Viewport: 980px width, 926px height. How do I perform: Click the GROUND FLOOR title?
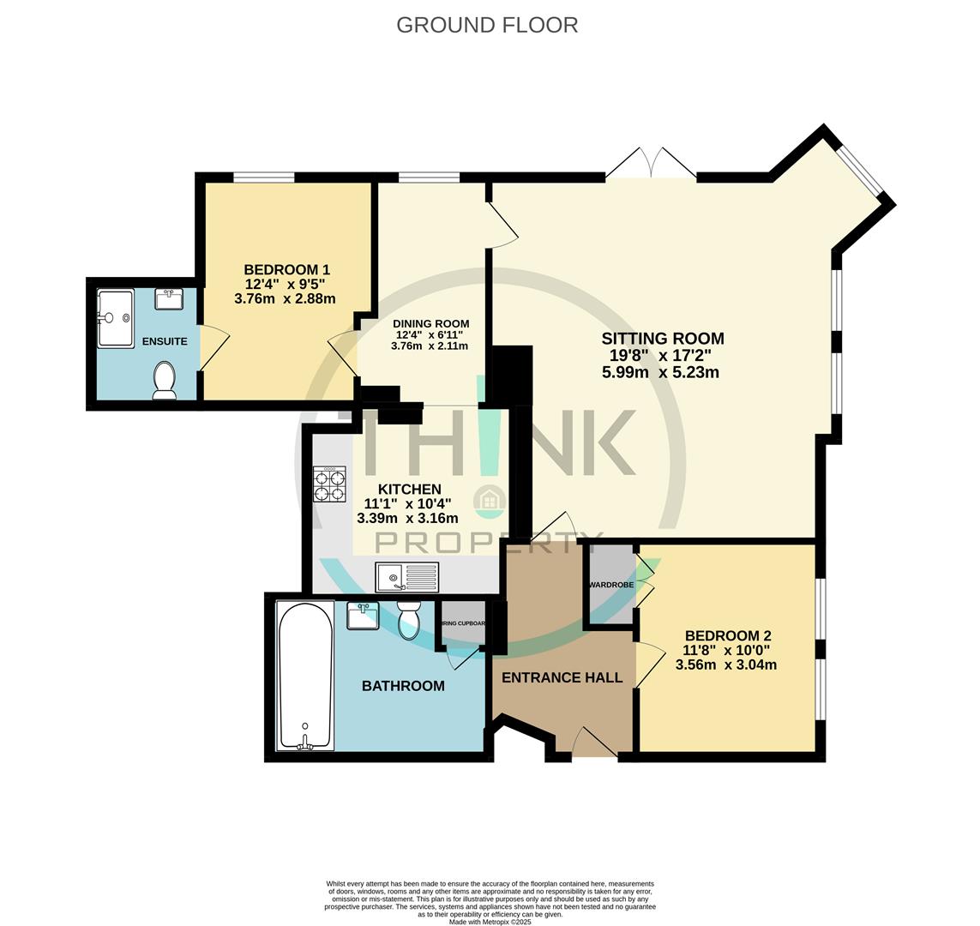(x=487, y=25)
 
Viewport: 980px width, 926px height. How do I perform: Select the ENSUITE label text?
(x=165, y=341)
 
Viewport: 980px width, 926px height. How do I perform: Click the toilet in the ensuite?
(x=164, y=379)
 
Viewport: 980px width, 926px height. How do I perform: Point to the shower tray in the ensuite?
(x=115, y=318)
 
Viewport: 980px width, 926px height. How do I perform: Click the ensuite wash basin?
(x=169, y=299)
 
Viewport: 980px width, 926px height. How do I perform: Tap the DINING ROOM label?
(x=430, y=323)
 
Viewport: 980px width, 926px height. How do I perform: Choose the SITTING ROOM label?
(x=662, y=338)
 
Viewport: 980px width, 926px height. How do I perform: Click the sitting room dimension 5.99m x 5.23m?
(x=660, y=372)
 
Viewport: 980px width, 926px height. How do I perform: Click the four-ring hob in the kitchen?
(x=329, y=484)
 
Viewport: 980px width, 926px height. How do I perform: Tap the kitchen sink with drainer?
(x=406, y=577)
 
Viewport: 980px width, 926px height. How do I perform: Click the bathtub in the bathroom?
(x=304, y=675)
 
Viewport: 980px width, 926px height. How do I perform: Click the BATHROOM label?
(x=403, y=686)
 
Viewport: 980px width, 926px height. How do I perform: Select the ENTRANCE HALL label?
(x=562, y=677)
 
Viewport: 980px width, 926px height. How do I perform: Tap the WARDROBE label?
(x=610, y=585)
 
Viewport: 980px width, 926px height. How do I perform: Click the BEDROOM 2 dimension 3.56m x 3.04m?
(x=726, y=664)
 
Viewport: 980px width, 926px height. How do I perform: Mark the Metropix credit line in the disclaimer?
(x=490, y=923)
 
